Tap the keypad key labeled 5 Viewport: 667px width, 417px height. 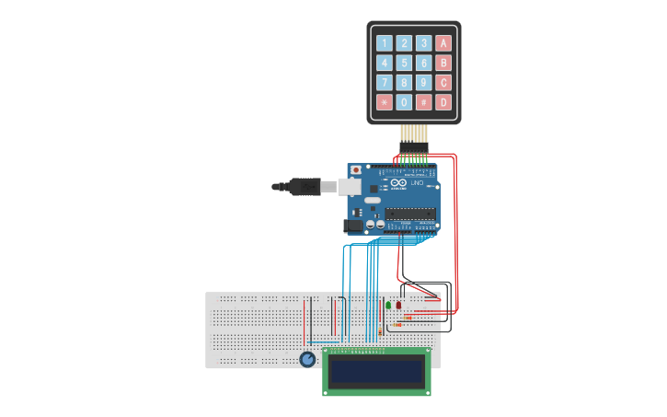(404, 63)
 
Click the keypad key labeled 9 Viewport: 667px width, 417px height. (423, 82)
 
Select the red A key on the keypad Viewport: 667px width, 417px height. (443, 42)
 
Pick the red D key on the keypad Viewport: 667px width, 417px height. (443, 102)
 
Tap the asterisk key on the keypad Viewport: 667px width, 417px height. (384, 102)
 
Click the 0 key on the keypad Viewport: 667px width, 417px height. (404, 102)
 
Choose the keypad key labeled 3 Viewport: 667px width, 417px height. (423, 42)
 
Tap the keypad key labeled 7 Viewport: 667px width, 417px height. (384, 82)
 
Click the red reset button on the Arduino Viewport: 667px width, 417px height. (356, 169)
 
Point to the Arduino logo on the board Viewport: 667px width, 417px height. (398, 184)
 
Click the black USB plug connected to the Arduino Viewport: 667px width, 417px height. (300, 187)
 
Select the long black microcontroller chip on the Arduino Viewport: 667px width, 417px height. (410, 214)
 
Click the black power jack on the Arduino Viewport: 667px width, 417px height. (352, 225)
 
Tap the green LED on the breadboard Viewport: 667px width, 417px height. (388, 305)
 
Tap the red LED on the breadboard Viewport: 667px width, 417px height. (398, 304)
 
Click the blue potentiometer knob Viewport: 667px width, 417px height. (307, 359)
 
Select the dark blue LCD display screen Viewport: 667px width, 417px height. (377, 371)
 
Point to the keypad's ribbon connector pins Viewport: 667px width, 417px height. (413, 135)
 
